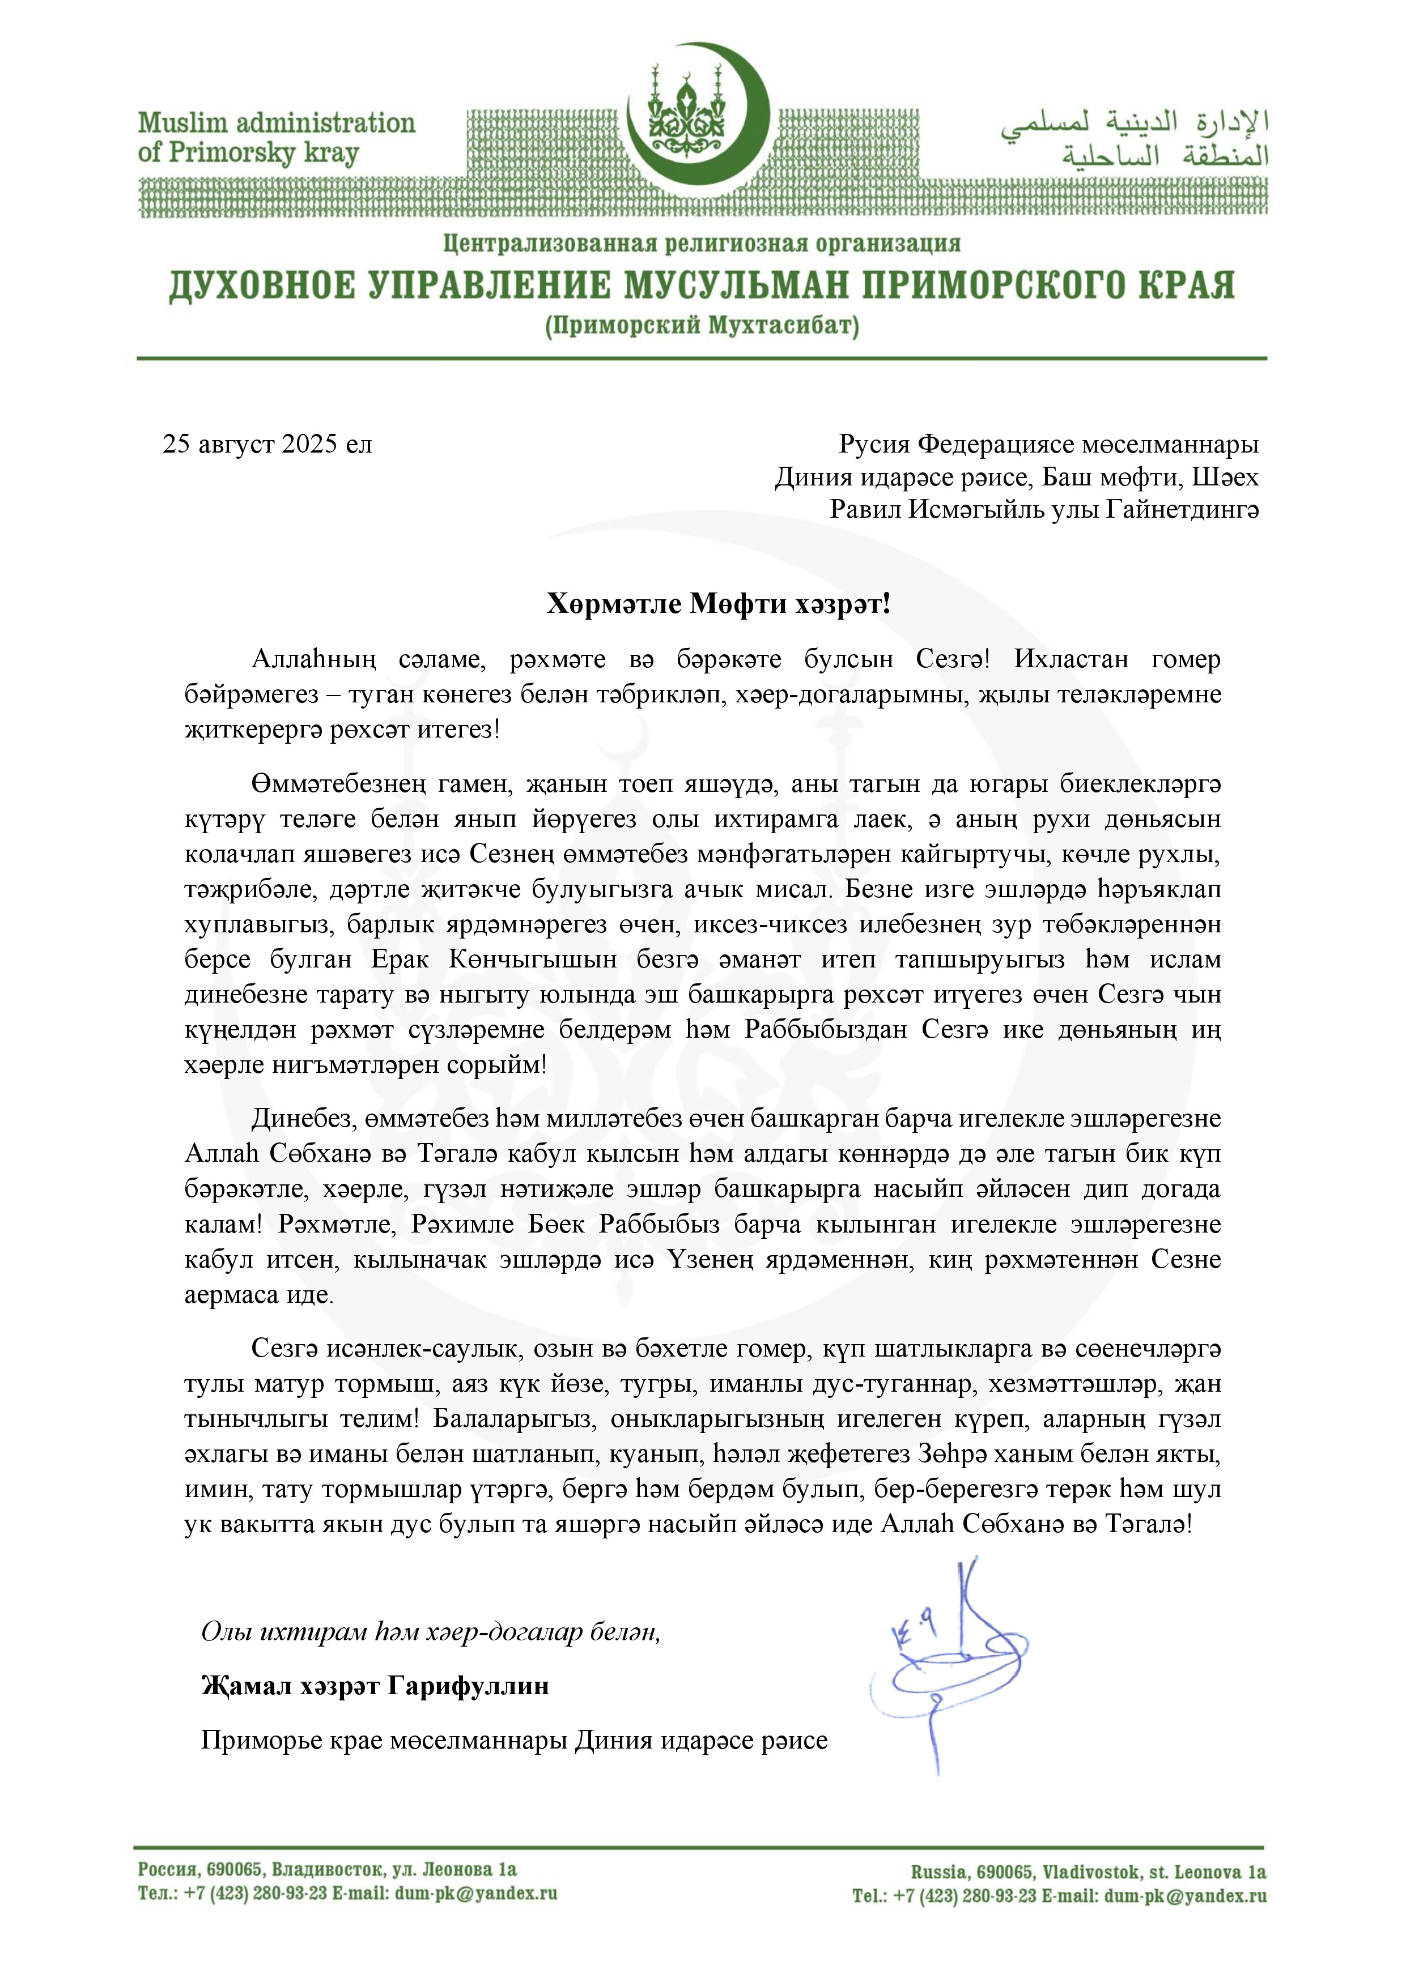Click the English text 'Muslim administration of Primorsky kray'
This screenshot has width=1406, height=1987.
coord(276,138)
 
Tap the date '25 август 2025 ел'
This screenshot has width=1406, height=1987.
coord(267,445)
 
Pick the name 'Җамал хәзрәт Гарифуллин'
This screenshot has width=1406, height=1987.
coord(375,1686)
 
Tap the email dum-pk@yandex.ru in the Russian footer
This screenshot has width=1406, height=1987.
coord(475,1892)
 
